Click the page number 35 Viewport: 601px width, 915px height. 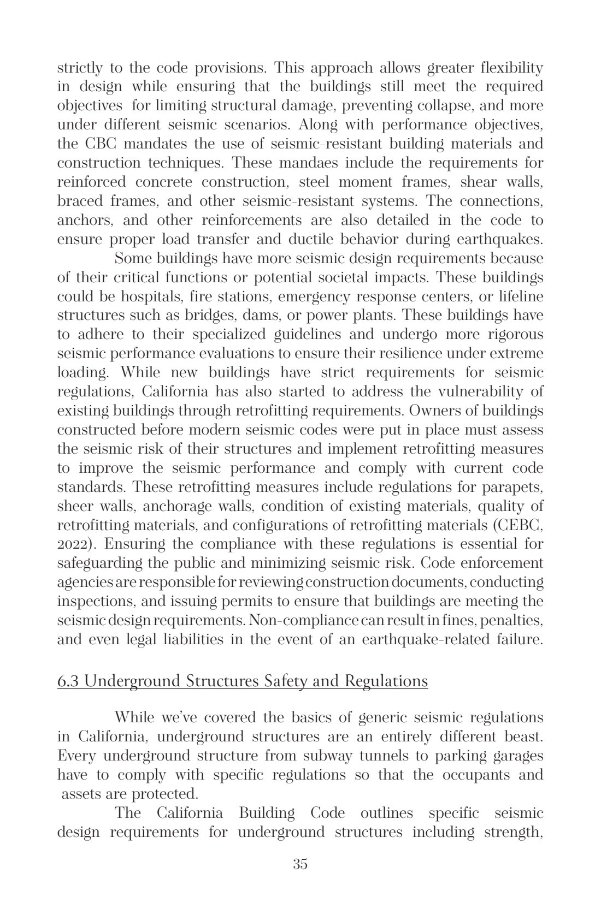[300, 864]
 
